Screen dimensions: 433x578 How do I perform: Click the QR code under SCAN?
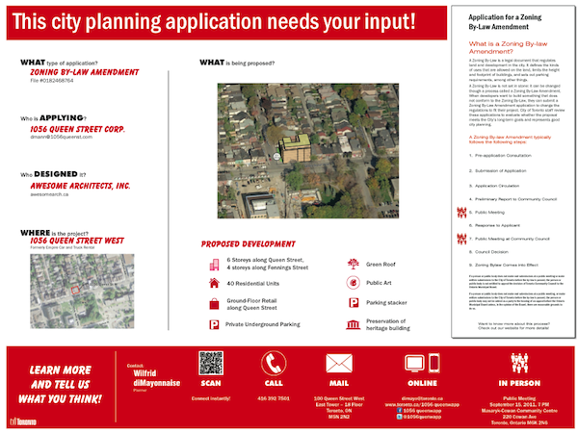click(x=211, y=363)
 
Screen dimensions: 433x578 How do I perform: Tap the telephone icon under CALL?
click(x=274, y=364)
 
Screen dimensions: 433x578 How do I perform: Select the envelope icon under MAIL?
click(x=338, y=364)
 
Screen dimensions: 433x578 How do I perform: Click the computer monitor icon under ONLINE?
click(x=416, y=364)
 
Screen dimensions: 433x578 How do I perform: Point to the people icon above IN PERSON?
click(x=520, y=364)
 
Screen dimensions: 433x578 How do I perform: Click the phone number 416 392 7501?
click(x=274, y=397)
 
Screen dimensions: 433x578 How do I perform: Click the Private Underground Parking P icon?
click(x=214, y=326)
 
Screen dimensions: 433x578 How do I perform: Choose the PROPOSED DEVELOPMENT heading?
click(x=246, y=243)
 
